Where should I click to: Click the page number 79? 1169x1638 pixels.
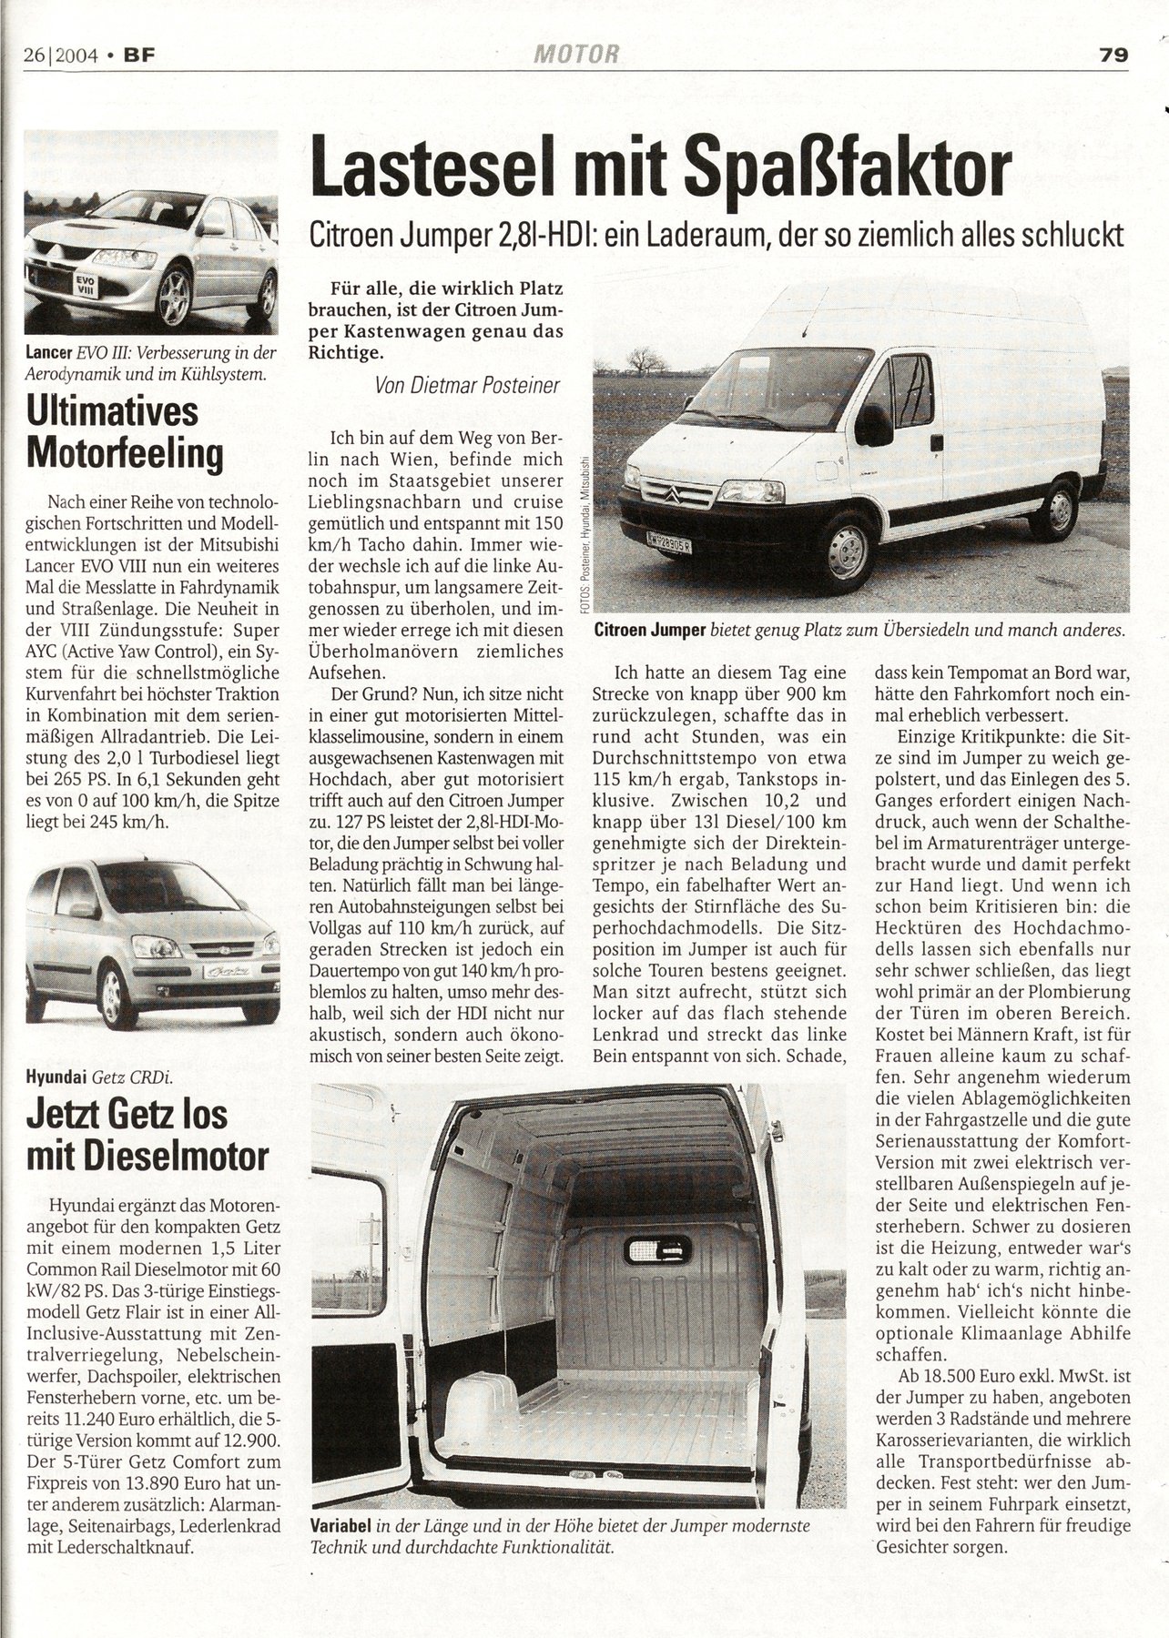[x=1113, y=55]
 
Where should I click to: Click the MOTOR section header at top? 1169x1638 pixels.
[x=577, y=55]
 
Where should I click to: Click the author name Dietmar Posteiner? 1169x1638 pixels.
[x=467, y=385]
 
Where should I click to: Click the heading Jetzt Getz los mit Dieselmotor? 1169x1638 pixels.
[x=147, y=1135]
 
